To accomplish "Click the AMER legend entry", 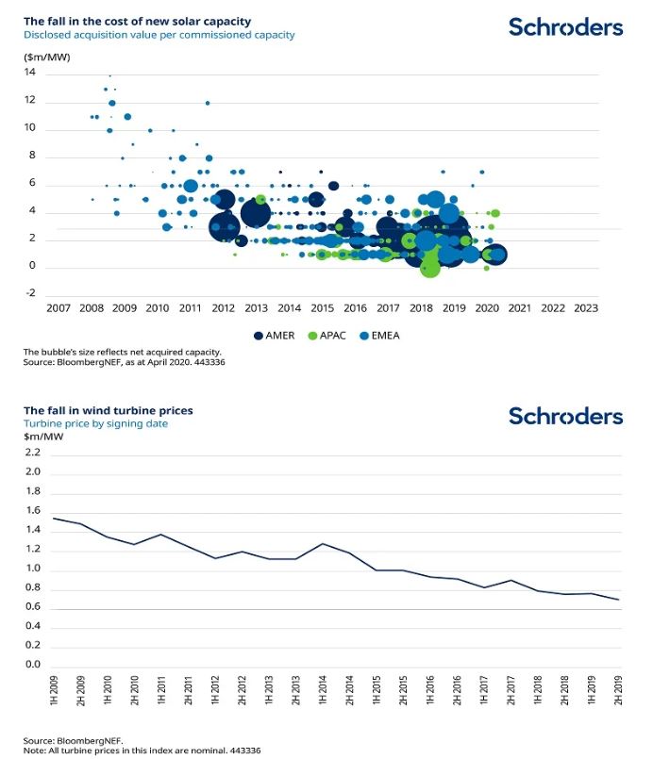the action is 275,336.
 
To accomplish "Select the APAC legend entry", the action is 327,336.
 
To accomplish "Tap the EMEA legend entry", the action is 379,336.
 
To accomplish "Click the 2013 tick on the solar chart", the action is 257,308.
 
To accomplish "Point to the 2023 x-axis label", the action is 586,308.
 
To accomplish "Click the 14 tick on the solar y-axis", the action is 30,72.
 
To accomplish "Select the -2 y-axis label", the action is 30,293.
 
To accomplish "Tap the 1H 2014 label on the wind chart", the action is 323,690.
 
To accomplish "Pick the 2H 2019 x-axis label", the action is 618,690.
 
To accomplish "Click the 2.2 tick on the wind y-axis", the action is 33,453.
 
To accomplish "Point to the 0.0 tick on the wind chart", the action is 33,664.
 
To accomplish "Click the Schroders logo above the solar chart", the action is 566,27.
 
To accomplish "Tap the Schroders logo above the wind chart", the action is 566,417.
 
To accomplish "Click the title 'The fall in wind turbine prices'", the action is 108,410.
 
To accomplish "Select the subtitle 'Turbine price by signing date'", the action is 95,423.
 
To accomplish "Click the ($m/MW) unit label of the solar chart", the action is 47,58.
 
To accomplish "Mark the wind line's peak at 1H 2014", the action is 323,544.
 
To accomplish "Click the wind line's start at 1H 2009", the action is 53,519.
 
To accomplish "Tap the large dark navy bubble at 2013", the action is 256,213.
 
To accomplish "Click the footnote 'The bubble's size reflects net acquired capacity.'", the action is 122,352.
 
